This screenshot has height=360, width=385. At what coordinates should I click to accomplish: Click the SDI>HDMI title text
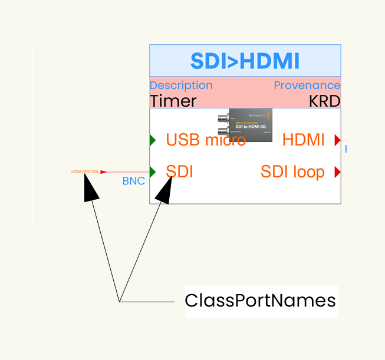245,61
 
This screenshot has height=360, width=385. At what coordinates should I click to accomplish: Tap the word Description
181,85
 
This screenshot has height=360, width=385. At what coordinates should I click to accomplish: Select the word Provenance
307,85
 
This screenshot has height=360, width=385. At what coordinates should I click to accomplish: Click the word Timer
173,101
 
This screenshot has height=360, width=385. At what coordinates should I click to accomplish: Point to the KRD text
324,101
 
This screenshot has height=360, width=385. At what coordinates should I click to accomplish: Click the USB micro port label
205,140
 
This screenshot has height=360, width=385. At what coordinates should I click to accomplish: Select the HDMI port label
303,140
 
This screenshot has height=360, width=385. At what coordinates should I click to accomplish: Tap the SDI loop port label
292,172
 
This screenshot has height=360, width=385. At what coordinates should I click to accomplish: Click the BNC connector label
133,181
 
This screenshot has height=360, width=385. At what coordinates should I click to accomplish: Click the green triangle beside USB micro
152,140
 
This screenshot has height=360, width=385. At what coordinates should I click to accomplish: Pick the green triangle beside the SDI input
152,172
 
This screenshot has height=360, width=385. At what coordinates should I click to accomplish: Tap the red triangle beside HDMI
338,140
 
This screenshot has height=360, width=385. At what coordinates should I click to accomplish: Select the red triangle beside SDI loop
338,172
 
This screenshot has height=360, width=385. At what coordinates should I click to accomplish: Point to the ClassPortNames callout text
260,300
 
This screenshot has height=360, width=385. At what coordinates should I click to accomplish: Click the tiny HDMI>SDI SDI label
84,171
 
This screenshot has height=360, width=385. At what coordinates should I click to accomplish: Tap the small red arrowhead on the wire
104,172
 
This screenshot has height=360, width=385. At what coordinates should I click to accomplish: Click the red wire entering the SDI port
127,172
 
